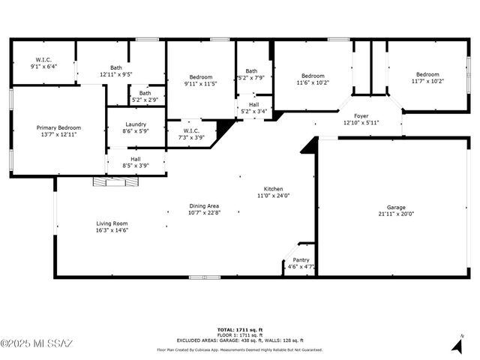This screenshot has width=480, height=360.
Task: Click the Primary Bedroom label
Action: click(58, 127)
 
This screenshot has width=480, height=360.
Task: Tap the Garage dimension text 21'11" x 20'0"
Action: click(397, 214)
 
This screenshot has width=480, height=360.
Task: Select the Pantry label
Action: click(301, 259)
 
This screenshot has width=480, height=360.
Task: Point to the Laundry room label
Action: click(136, 124)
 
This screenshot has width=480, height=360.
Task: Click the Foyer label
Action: click(361, 115)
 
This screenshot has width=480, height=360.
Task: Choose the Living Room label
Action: click(112, 223)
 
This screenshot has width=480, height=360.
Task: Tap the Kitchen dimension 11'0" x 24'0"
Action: click(273, 196)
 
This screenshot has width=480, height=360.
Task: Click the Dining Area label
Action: click(204, 205)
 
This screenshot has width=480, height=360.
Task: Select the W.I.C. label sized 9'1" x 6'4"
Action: click(42, 59)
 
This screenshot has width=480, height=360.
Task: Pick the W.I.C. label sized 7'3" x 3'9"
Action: click(190, 131)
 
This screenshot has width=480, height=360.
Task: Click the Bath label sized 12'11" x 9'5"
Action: click(116, 67)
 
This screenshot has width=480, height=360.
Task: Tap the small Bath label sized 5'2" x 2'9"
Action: click(144, 93)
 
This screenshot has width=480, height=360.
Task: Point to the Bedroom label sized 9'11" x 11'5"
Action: click(201, 76)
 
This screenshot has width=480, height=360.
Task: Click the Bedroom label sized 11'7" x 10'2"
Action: click(427, 74)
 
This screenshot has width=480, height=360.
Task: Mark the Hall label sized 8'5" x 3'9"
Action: click(135, 159)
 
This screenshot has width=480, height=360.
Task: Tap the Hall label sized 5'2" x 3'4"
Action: click(253, 105)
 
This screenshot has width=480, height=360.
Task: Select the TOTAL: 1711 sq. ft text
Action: click(239, 329)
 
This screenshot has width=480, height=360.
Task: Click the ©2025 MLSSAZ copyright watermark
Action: click(37, 344)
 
